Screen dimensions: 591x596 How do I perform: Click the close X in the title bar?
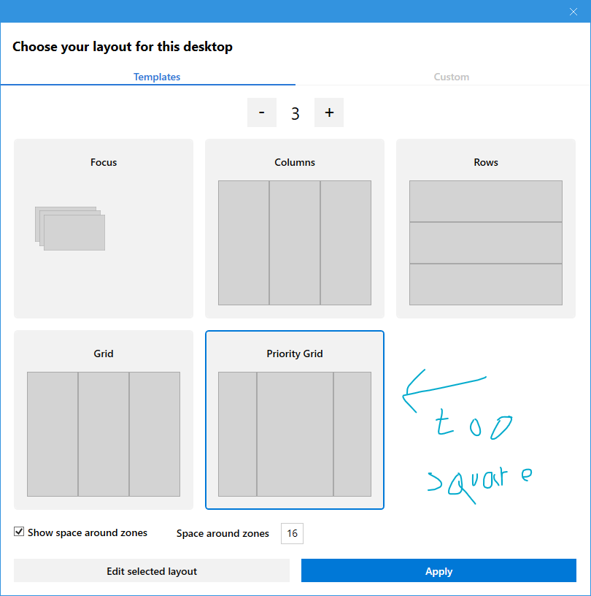tap(573, 12)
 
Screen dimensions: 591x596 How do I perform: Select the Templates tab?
tap(157, 77)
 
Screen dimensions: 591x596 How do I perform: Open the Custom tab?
tap(451, 77)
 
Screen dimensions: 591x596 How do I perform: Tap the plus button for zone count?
tap(329, 112)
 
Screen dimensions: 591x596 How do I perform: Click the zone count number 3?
tap(295, 113)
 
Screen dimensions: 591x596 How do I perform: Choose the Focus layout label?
tap(104, 162)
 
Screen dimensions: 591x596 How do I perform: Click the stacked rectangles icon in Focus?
tap(70, 229)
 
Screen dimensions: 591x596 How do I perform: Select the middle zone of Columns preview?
tap(295, 242)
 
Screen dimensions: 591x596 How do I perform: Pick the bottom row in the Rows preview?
tap(486, 284)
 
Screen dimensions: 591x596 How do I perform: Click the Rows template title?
tap(486, 162)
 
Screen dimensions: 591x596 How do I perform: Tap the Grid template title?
tap(104, 354)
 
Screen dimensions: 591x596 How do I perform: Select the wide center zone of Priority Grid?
tap(295, 434)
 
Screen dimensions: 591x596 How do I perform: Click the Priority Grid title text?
tap(295, 354)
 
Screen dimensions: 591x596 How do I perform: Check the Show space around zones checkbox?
tap(19, 532)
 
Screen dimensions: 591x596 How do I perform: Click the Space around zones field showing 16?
tap(292, 533)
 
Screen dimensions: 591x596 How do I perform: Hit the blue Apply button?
tap(439, 570)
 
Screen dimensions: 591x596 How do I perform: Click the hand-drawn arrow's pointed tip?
tap(403, 396)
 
